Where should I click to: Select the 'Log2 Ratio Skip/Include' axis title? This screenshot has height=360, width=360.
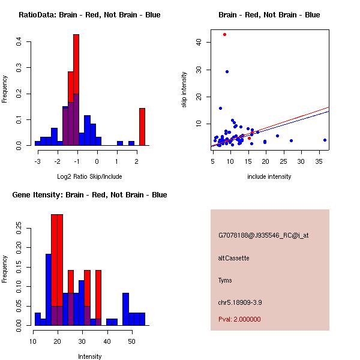click(x=89, y=176)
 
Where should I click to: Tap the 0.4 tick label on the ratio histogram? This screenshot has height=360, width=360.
click(x=19, y=41)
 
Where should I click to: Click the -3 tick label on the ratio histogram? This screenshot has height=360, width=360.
click(x=37, y=160)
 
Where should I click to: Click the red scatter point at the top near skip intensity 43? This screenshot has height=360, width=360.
click(x=224, y=34)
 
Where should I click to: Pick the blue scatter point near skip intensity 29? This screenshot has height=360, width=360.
click(x=227, y=71)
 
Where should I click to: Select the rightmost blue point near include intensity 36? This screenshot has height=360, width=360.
click(x=325, y=140)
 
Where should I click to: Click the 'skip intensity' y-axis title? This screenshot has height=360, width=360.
click(x=185, y=90)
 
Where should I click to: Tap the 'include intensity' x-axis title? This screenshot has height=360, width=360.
click(x=269, y=176)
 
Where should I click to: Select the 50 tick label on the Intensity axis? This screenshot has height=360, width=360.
click(x=131, y=341)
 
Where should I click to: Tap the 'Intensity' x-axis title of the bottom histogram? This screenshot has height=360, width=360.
click(x=89, y=356)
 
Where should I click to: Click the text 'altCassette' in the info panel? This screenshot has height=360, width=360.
click(x=233, y=258)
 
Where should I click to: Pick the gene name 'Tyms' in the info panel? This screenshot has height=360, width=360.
click(x=225, y=280)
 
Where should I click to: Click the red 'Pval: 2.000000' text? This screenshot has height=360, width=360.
click(x=239, y=319)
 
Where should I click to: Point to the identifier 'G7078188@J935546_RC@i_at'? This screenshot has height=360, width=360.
click(x=263, y=236)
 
